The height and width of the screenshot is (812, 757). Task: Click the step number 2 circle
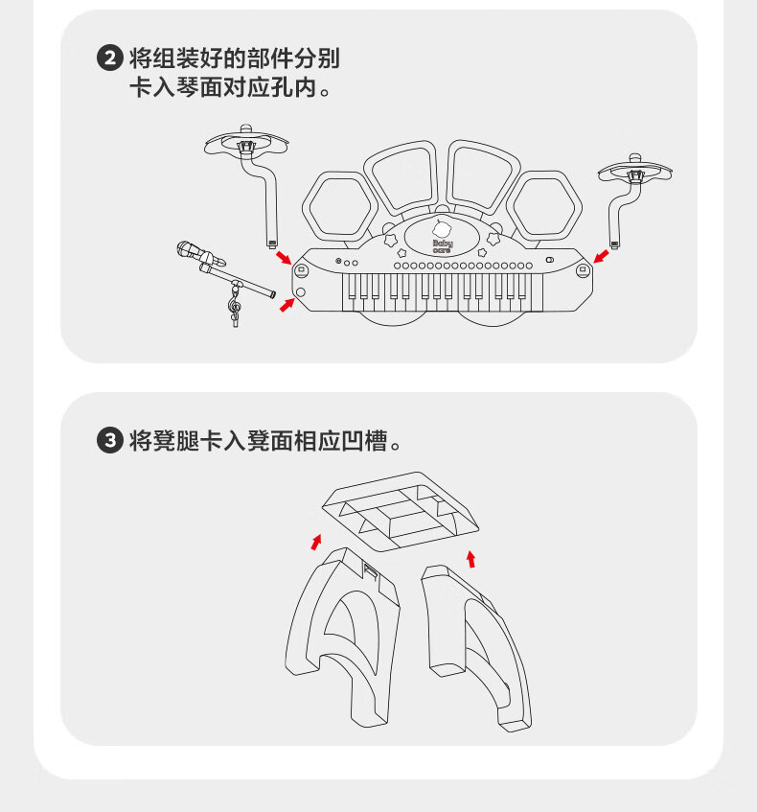(110, 58)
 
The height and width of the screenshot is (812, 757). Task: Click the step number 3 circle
(110, 441)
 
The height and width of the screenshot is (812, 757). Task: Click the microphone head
(186, 249)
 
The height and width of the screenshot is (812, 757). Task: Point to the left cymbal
(246, 142)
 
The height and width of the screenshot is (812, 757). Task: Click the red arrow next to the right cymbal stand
(601, 256)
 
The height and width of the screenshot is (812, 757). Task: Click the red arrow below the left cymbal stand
(284, 257)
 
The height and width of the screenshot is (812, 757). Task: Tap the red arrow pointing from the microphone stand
(287, 305)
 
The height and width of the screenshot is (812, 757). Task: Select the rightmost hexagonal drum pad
(544, 206)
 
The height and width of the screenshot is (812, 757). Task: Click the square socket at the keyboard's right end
(583, 269)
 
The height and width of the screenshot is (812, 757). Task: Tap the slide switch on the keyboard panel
(549, 260)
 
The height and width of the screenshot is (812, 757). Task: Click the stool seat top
(401, 511)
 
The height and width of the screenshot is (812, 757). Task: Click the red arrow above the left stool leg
(316, 543)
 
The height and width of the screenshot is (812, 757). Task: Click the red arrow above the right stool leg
(470, 559)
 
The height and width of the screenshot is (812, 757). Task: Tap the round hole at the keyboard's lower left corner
(300, 292)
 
